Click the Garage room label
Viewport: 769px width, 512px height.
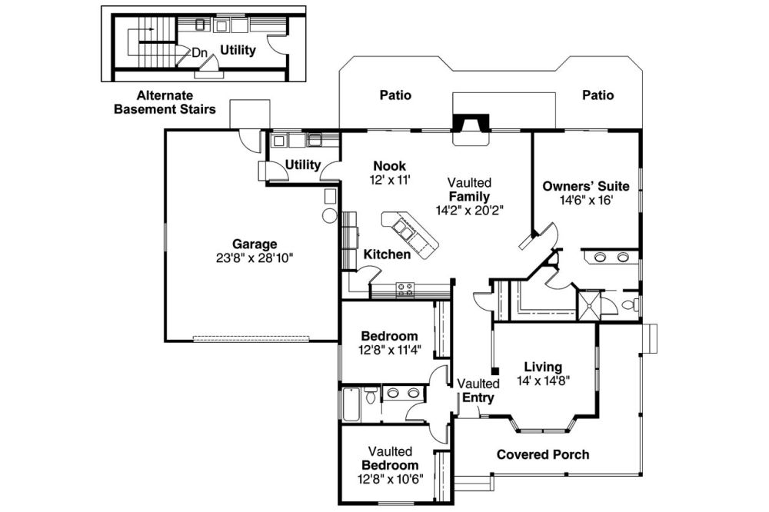coord(255,244)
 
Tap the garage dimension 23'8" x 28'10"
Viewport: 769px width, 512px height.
coord(255,258)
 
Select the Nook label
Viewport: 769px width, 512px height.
coord(389,166)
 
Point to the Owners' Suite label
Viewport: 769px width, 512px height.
coord(585,186)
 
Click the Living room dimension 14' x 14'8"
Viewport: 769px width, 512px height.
coord(543,380)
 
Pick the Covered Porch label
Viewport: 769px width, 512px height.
coord(543,454)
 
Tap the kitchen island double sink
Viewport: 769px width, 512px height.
coord(405,228)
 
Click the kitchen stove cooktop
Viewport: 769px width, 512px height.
coord(405,290)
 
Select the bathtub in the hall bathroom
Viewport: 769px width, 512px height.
coord(351,404)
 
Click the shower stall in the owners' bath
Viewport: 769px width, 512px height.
coord(588,305)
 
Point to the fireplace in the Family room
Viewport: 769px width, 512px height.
coord(471,129)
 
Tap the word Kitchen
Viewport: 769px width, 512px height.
coord(387,254)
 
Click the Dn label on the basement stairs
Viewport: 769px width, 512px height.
coord(200,52)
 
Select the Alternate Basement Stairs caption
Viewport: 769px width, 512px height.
coord(165,102)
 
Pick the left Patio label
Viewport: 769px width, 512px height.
coord(396,95)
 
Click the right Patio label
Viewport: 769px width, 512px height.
coord(598,95)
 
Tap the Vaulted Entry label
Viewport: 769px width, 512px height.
coord(478,391)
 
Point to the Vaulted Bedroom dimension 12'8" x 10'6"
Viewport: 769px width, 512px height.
coord(391,479)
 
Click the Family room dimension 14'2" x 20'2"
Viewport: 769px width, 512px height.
coord(470,211)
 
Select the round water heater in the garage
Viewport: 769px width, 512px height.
coord(330,216)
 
